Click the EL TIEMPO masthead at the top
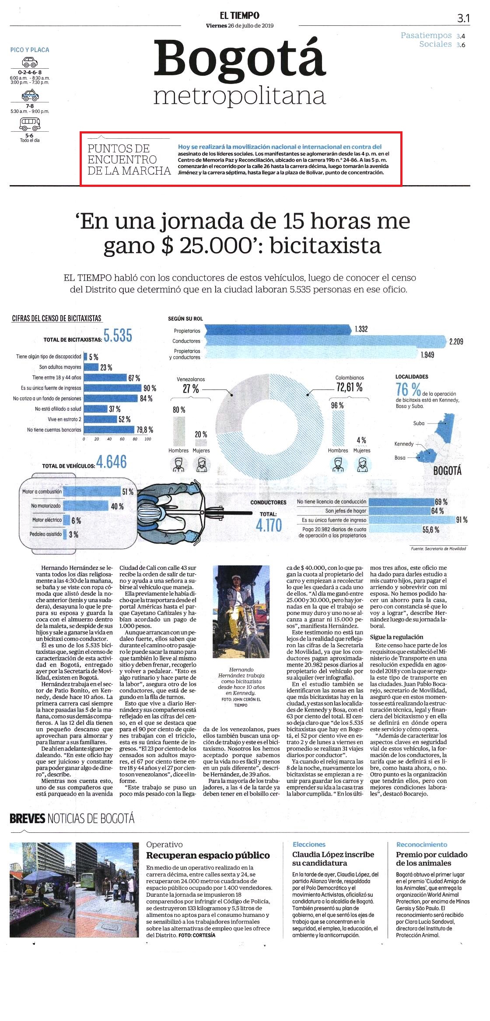click(x=239, y=15)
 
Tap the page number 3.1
click(x=463, y=18)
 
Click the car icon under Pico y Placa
click(x=30, y=62)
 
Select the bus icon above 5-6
click(x=30, y=124)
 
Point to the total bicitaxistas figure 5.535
click(x=118, y=336)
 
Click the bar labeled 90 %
click(x=113, y=388)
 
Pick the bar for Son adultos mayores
click(x=91, y=367)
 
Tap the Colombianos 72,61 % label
click(x=350, y=384)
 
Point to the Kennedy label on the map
click(x=404, y=444)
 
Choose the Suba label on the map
click(x=419, y=423)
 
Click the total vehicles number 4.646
click(x=112, y=462)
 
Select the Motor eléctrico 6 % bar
click(x=66, y=520)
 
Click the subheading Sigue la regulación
click(x=396, y=637)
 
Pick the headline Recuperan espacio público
click(x=208, y=855)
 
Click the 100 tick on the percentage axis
click(x=148, y=439)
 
